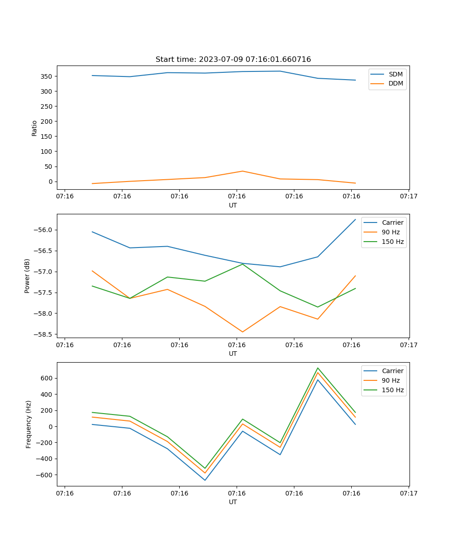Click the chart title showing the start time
[x=233, y=60]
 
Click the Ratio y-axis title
[x=35, y=128]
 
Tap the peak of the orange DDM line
[x=243, y=171]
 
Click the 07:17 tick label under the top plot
[x=409, y=197]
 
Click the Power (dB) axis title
[x=27, y=276]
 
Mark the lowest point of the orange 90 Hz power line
[x=243, y=332]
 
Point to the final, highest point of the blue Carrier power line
[x=355, y=219]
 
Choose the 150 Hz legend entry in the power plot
[x=393, y=242]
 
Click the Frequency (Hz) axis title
[x=29, y=424]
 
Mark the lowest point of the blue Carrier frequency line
[x=205, y=480]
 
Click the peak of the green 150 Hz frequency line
[x=318, y=368]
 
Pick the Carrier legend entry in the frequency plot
[x=392, y=371]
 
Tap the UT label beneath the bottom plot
[x=233, y=502]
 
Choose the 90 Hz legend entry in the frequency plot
[x=390, y=380]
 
